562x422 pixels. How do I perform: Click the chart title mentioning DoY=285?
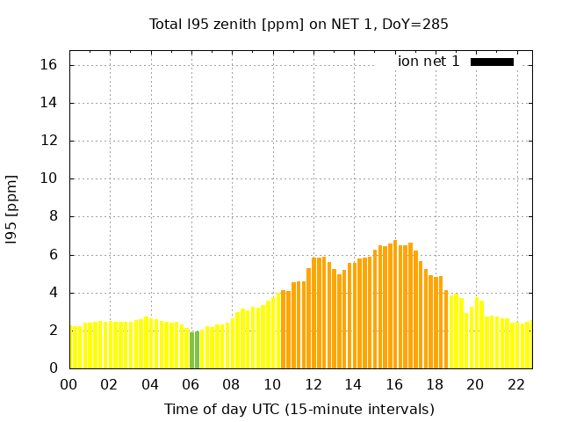point(299,24)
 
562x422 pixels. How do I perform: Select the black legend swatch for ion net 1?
point(492,62)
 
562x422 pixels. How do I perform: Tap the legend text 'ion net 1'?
point(429,62)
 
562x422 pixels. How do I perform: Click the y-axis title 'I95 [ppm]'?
point(12,209)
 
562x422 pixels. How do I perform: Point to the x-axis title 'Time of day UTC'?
point(299,409)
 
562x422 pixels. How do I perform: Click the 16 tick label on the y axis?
point(49,65)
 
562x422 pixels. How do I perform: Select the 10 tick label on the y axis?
point(49,178)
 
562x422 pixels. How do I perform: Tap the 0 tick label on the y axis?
point(54,368)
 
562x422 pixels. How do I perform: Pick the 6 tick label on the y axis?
point(54,255)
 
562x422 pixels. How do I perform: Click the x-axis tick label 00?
point(69,385)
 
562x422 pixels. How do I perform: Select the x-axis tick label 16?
point(394,385)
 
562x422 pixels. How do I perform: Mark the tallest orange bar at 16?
point(395,304)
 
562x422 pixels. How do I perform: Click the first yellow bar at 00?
point(71,347)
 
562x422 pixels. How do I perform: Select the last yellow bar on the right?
point(528,345)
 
